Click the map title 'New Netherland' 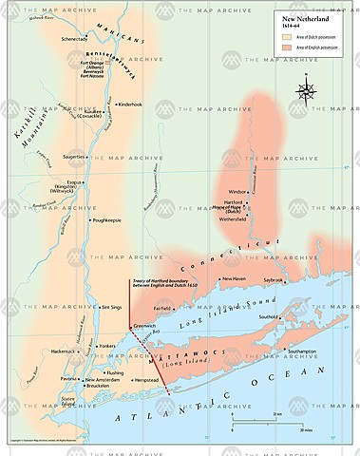(x=306, y=17)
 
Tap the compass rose (x=306, y=91)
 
